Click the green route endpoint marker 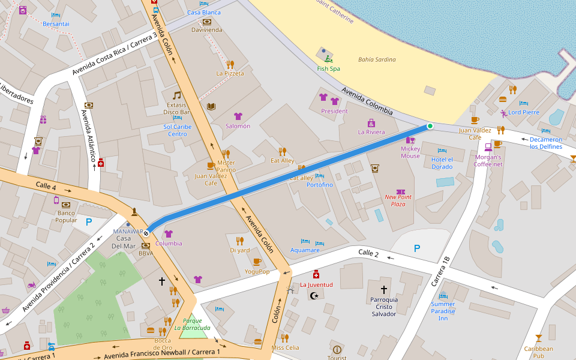click(430, 126)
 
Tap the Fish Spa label click(328, 69)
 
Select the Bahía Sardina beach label click(377, 59)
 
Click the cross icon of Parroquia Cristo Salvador click(384, 289)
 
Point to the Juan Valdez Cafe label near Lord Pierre click(475, 133)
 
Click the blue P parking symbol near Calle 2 click(416, 248)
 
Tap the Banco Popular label click(66, 216)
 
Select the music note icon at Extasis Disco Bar click(176, 95)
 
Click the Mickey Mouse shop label click(410, 152)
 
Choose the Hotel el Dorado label click(442, 163)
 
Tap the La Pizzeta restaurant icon click(230, 64)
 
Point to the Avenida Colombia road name click(367, 101)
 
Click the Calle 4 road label click(46, 185)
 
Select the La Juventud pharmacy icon click(316, 274)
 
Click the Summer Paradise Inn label click(443, 311)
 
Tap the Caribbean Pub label click(538, 352)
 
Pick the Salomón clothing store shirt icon click(238, 116)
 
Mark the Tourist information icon click(337, 349)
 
